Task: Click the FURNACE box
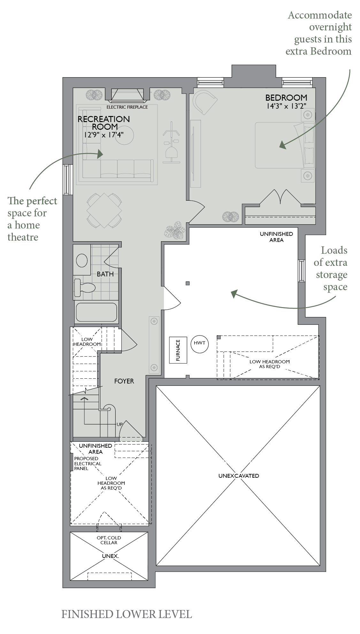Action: click(178, 350)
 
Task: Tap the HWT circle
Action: click(200, 344)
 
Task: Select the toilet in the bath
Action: click(85, 288)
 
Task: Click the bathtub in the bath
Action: click(96, 312)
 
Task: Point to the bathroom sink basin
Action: click(82, 260)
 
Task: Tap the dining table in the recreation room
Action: click(104, 210)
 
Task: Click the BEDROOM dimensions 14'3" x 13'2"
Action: click(287, 106)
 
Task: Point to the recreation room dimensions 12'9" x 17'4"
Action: click(104, 135)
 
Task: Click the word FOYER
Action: click(124, 381)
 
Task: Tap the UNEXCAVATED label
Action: click(239, 476)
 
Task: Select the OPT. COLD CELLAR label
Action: click(109, 540)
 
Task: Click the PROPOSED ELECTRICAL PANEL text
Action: click(88, 463)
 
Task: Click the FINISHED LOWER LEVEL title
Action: click(126, 614)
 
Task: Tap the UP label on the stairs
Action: click(119, 424)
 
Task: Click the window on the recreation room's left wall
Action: click(66, 179)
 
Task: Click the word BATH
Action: click(105, 274)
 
